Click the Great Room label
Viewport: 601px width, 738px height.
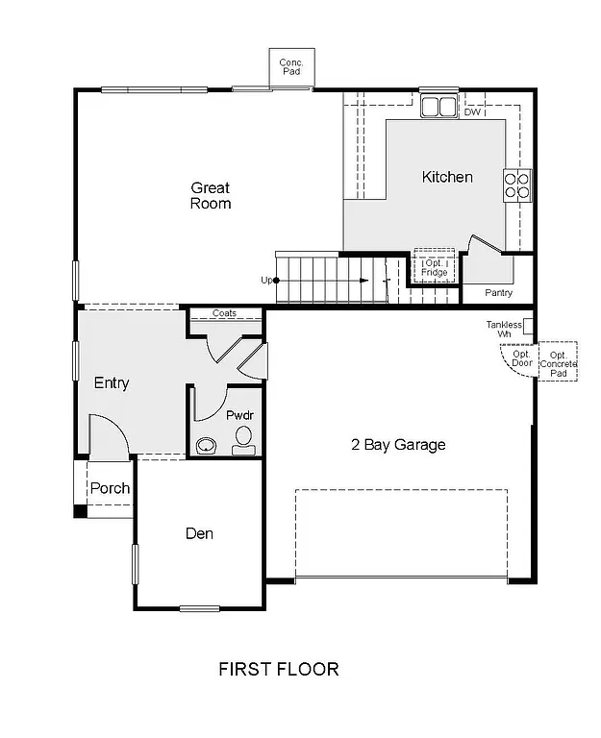[x=210, y=195]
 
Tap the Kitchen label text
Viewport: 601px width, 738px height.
[x=447, y=177]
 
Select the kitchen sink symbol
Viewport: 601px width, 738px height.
[x=438, y=106]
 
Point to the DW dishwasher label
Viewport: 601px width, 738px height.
[x=471, y=112]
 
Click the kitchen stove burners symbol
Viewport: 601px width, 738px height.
[x=516, y=184]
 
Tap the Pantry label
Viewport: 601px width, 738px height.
[x=498, y=292]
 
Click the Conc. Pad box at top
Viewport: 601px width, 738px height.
[x=291, y=67]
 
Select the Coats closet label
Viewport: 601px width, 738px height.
[x=224, y=313]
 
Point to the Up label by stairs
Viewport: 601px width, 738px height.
[x=266, y=280]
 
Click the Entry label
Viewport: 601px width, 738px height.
[x=112, y=383]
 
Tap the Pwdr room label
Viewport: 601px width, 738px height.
[x=238, y=415]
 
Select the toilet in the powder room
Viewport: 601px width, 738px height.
[x=242, y=441]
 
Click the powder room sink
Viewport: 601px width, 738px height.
[x=205, y=446]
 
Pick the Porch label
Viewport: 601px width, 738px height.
[x=110, y=488]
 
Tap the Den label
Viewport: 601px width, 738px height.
[x=199, y=533]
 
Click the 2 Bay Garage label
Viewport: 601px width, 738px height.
[x=397, y=445]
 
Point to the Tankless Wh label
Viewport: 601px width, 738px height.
[x=504, y=329]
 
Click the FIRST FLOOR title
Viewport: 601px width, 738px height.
[x=279, y=669]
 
